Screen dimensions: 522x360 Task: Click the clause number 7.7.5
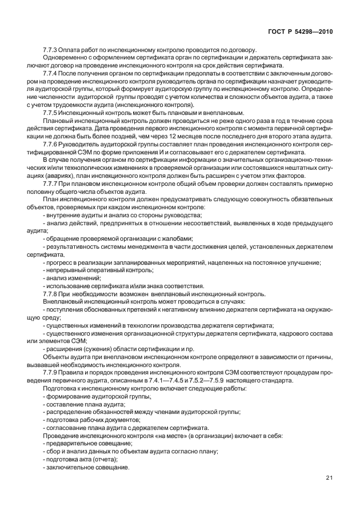click(x=51, y=112)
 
